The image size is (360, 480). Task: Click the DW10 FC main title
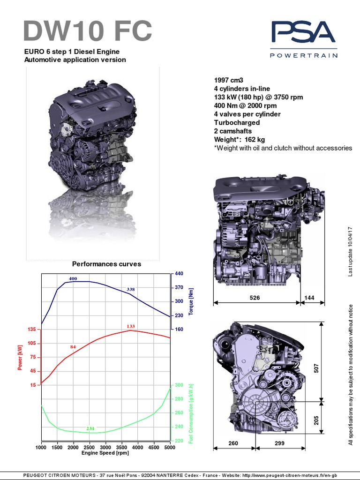pos(88,31)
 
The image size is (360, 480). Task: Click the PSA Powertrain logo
pos(303,39)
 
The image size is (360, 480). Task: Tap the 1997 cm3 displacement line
pos(229,80)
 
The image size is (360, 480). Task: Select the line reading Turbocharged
pos(236,122)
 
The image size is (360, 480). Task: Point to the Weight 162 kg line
pos(239,140)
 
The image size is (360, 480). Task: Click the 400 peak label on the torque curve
pos(73,278)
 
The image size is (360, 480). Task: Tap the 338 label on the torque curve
pos(131,289)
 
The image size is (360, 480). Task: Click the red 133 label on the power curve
pos(131,326)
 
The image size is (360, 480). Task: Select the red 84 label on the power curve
pos(73,346)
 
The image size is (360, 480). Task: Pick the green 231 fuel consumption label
pos(90,428)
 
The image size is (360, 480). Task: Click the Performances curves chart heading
pos(106,264)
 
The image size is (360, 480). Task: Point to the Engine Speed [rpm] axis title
pos(105,453)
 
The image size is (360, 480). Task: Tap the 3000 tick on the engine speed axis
pos(105,448)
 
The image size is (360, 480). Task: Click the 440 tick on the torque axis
pos(179,273)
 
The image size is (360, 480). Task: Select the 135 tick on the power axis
pos(32,329)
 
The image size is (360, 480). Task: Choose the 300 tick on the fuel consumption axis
pos(179,385)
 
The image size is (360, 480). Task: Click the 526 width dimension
pos(255,298)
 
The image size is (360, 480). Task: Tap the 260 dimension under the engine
pos(233,443)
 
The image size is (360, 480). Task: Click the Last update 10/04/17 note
pos(350,252)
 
